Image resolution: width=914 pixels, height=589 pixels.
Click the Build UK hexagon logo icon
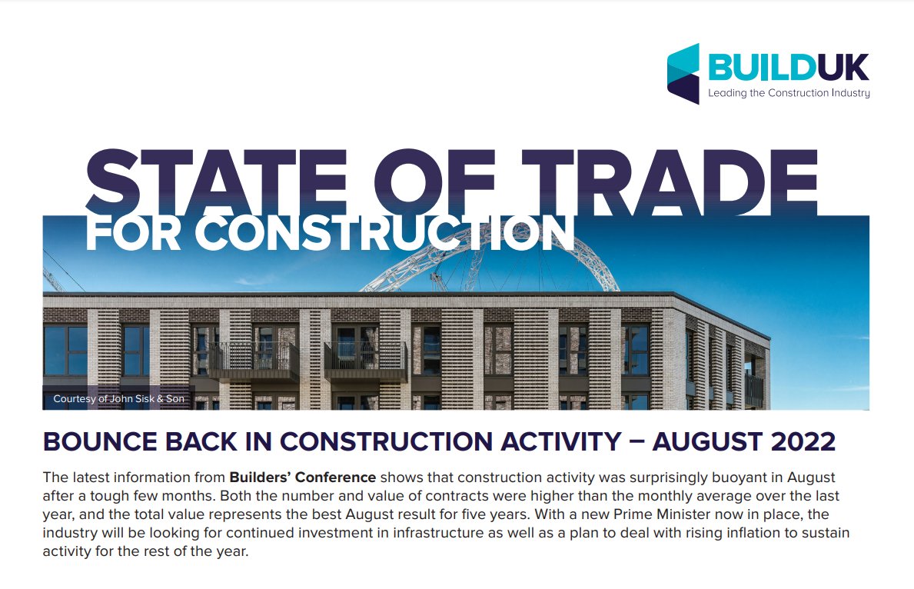[683, 73]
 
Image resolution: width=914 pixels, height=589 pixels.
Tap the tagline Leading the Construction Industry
[789, 94]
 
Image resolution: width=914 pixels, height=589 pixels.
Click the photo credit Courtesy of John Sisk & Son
[119, 399]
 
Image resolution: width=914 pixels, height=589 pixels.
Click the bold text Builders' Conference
[302, 478]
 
